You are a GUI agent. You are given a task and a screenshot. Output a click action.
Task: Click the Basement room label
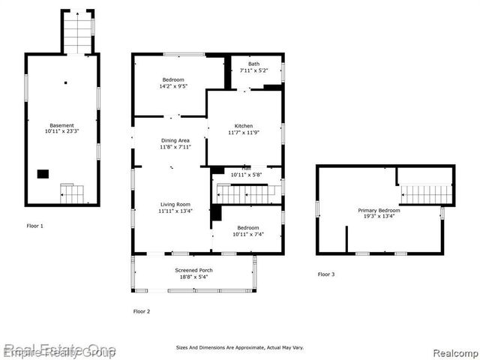[x=62, y=125]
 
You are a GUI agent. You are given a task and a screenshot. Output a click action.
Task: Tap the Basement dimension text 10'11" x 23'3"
[x=62, y=132]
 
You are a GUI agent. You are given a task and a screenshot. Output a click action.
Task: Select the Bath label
[x=254, y=64]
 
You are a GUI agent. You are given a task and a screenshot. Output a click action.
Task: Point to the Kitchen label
[x=243, y=126]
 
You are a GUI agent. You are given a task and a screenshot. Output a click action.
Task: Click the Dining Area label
[x=174, y=140]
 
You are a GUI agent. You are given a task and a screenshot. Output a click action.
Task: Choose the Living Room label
[x=174, y=204]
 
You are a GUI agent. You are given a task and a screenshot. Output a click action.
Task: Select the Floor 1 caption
[x=35, y=226]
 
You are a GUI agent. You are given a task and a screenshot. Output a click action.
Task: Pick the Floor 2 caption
[x=142, y=310]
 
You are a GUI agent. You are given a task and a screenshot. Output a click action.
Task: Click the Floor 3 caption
[x=326, y=274]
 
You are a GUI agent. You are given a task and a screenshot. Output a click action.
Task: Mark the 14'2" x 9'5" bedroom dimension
[x=173, y=86]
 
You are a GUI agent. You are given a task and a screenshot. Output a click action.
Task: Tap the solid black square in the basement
[x=43, y=174]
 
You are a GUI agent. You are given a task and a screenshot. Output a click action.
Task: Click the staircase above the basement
[x=77, y=33]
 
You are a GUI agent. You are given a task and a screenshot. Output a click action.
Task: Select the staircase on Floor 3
[x=427, y=195]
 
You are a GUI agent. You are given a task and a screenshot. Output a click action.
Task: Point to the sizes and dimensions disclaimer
[x=240, y=347]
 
